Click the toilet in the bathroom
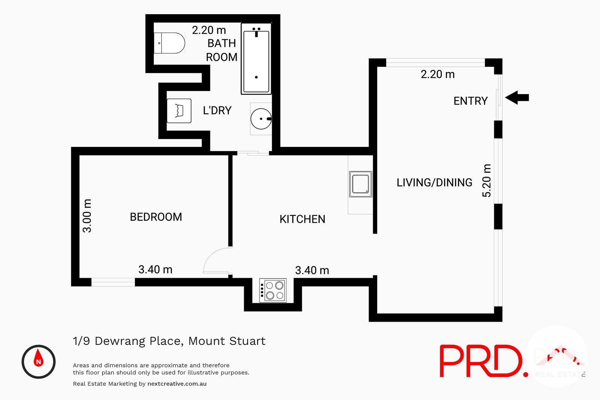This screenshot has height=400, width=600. [x=170, y=43]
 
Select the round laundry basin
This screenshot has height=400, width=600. [x=261, y=119]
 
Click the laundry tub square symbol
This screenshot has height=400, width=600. [x=179, y=111]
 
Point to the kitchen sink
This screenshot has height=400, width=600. [x=360, y=184]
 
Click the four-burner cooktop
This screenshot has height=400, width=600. [x=273, y=291]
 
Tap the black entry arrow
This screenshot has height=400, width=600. [x=517, y=97]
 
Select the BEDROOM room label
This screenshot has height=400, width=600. [x=156, y=217]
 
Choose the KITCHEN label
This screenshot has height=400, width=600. [x=302, y=219]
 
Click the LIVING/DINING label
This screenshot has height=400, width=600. [x=434, y=183]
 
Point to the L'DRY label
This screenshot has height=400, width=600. [x=217, y=111]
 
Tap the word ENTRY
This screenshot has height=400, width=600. [x=470, y=101]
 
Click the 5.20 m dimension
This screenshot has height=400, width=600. [x=486, y=180]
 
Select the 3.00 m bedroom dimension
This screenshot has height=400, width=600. [x=87, y=216]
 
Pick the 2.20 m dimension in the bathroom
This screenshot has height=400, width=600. [x=209, y=30]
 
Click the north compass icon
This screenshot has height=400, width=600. [x=39, y=361]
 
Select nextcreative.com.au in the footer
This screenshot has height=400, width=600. [x=177, y=384]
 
